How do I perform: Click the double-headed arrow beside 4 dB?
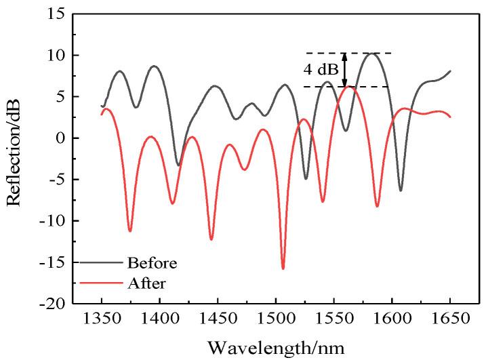(344, 69)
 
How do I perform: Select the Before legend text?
(152, 262)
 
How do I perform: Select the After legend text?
(145, 280)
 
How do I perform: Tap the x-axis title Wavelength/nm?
(276, 348)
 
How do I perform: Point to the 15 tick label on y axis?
(55, 14)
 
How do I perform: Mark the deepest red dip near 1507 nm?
(283, 268)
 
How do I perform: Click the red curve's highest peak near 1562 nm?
(348, 86)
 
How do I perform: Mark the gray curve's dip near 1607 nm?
(401, 190)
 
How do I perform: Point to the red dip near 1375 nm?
(130, 231)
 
